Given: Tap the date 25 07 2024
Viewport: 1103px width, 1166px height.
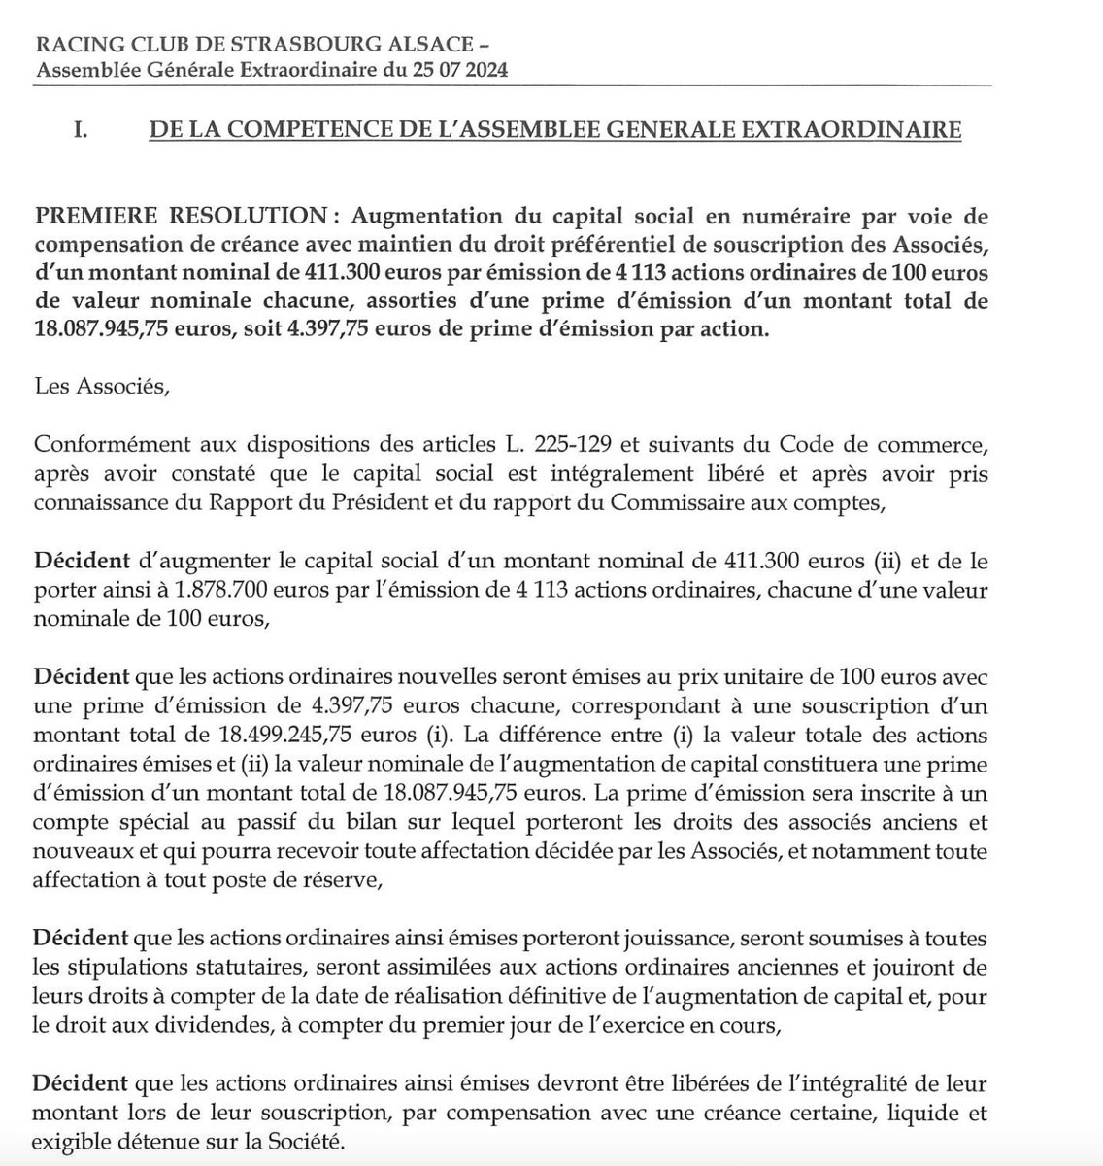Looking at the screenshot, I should pos(455,71).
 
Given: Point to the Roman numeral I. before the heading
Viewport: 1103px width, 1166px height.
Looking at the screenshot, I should pos(82,130).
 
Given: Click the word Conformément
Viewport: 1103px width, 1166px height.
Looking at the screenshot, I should pos(109,447).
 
